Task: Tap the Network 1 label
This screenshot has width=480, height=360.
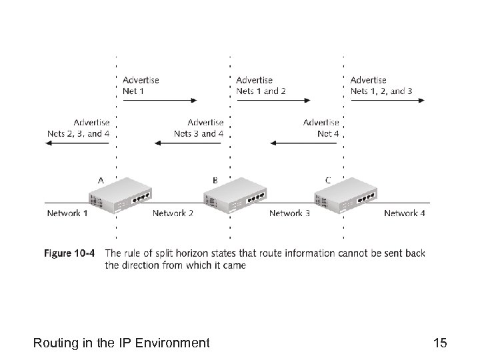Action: [67, 213]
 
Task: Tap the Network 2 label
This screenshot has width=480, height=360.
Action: [173, 213]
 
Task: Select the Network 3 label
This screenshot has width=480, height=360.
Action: [289, 213]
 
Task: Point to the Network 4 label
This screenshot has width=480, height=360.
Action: [405, 213]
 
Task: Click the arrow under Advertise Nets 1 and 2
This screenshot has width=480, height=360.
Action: [273, 101]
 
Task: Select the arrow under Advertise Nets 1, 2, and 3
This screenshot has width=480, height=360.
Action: [387, 101]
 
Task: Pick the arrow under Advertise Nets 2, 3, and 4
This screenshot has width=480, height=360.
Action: [73, 143]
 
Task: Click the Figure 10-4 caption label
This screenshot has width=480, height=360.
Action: [70, 253]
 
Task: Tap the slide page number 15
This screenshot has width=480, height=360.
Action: [439, 343]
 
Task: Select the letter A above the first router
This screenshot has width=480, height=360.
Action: [101, 179]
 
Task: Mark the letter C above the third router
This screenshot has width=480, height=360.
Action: [328, 179]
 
